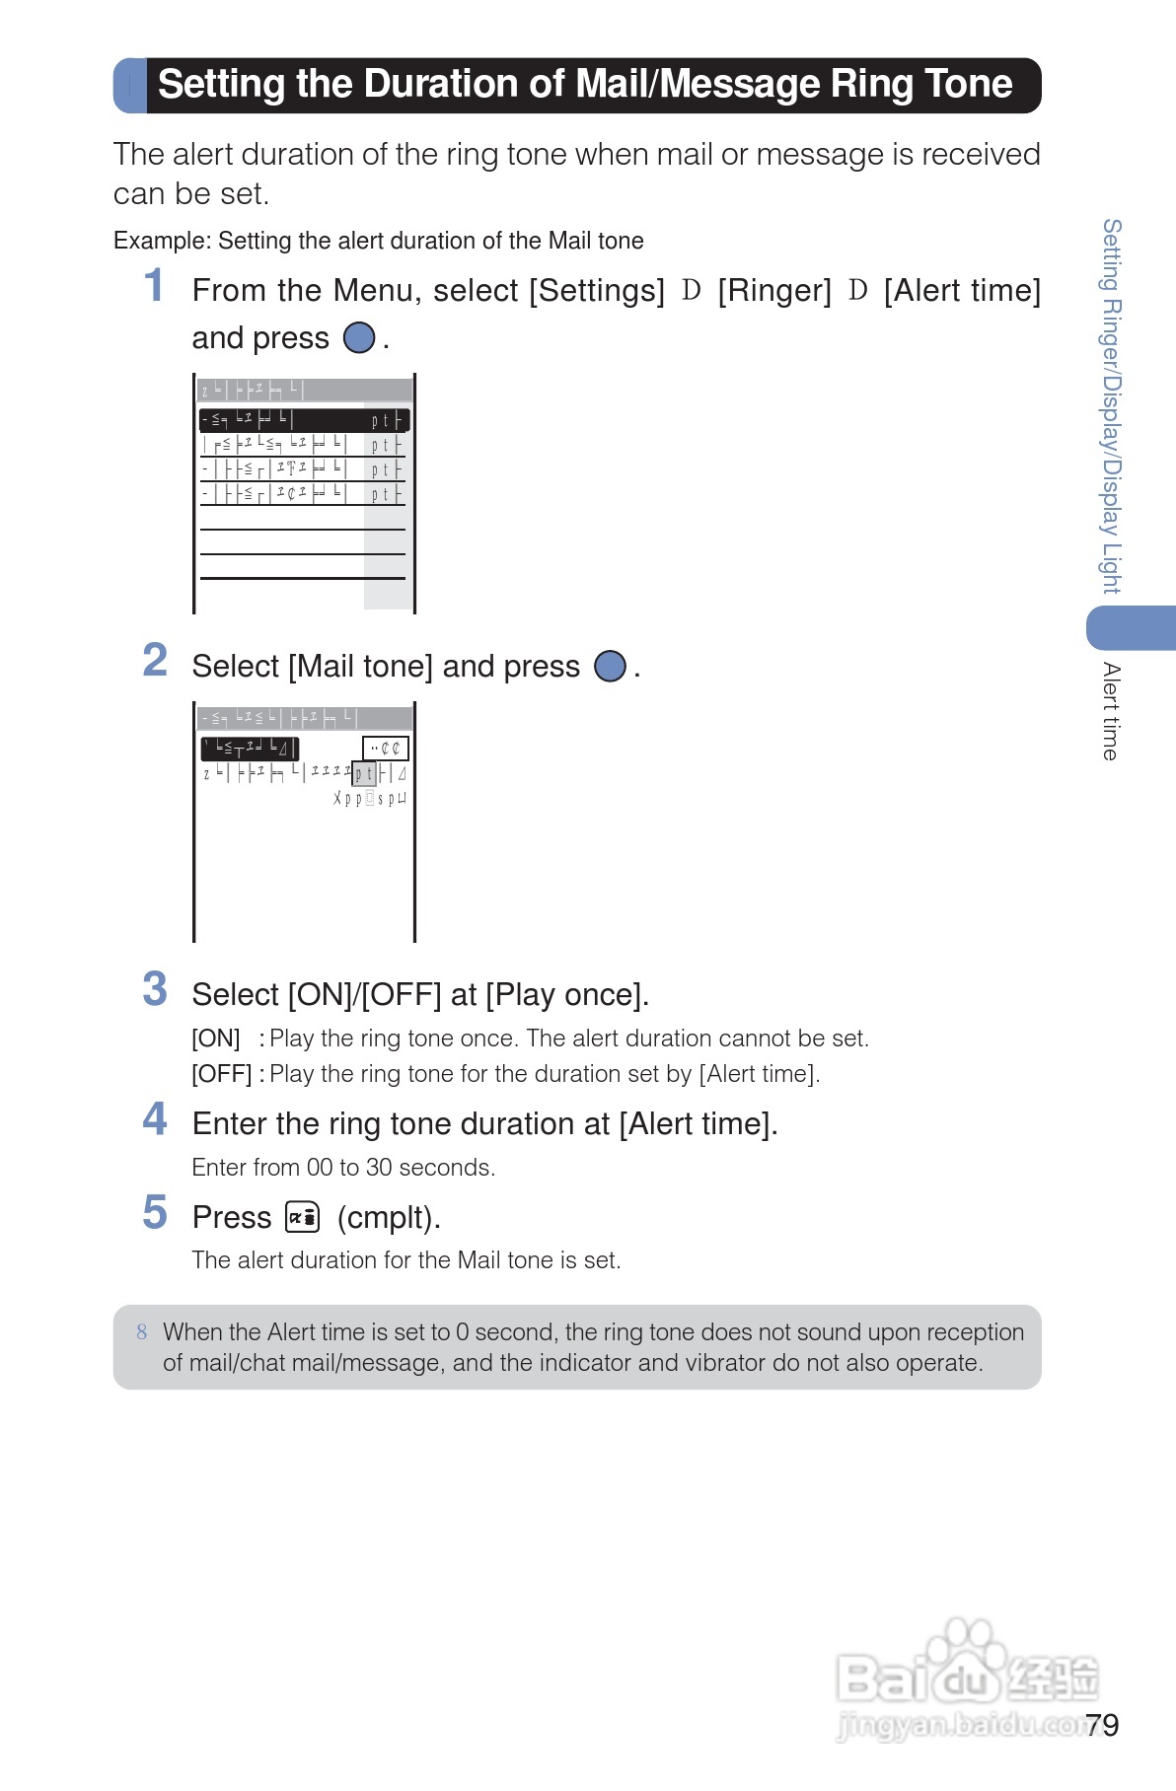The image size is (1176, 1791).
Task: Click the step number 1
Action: pos(153,286)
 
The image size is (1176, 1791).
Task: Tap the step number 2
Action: pos(155,661)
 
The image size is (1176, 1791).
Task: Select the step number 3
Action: pos(155,989)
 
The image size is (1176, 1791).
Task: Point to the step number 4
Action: pos(155,1119)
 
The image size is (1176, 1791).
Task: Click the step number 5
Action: pos(155,1213)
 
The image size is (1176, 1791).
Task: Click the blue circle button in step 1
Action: pos(359,338)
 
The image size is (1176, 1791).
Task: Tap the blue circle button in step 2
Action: pos(610,667)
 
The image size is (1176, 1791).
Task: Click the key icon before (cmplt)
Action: pos(303,1217)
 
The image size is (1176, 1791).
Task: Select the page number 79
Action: pos(1102,1725)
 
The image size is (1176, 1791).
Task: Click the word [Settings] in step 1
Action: pos(597,291)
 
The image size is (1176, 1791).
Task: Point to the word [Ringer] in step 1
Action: pos(774,291)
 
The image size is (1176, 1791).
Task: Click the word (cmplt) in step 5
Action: pos(389,1218)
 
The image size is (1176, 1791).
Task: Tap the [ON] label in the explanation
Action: pos(216,1039)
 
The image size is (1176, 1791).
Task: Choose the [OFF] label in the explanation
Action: pos(222,1074)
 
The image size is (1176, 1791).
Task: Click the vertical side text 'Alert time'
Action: pos(1112,711)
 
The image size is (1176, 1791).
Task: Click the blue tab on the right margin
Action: pos(1132,628)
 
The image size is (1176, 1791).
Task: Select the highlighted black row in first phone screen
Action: pos(304,420)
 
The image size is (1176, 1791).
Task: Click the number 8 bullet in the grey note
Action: pos(142,1332)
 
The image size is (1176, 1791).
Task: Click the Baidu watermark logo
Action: pos(966,1677)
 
